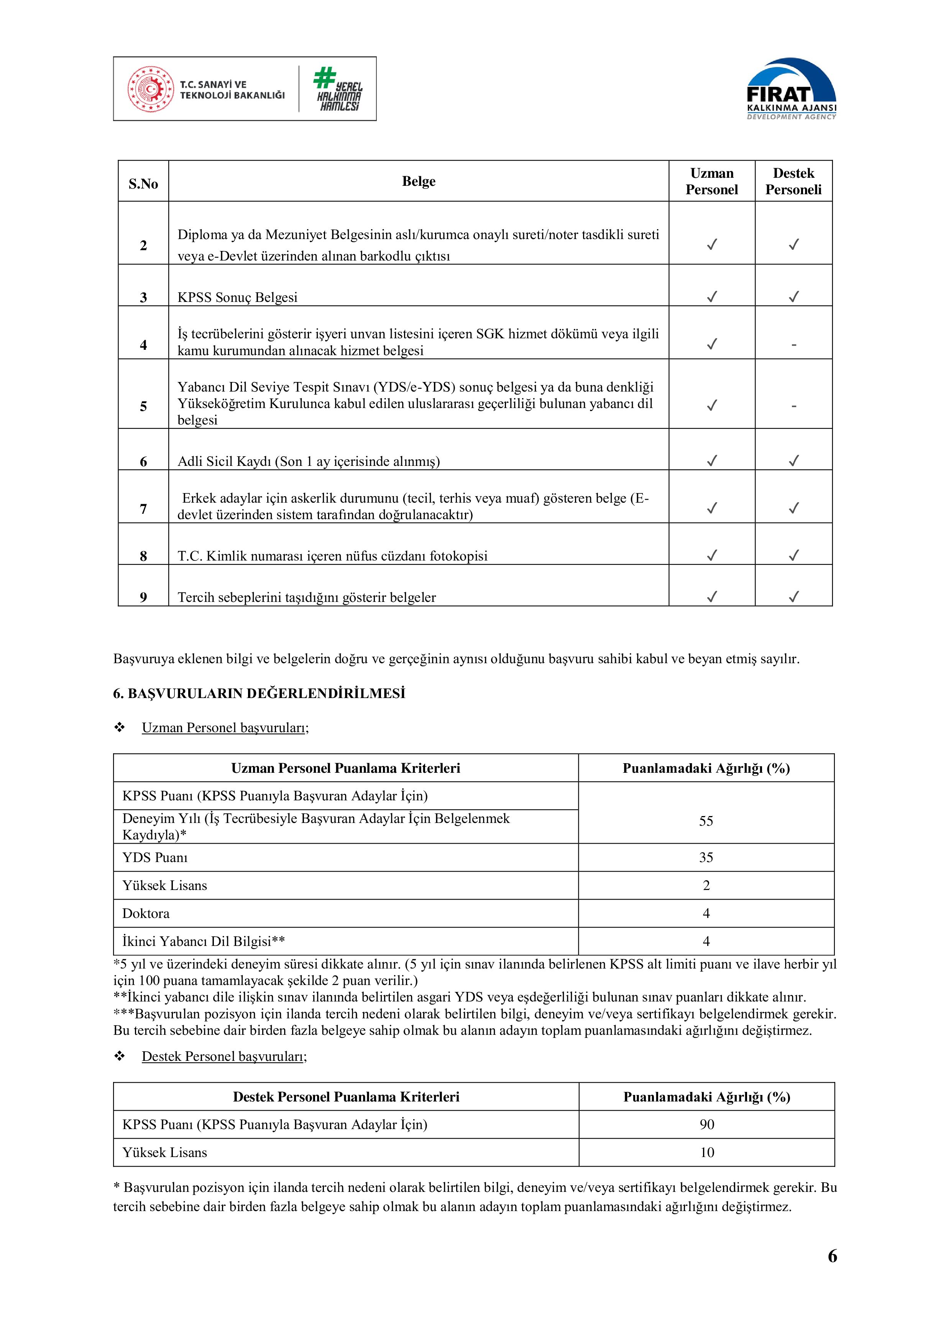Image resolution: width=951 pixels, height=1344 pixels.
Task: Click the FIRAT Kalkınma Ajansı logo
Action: click(791, 89)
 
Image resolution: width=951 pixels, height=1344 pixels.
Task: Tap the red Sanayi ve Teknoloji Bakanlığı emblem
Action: click(151, 89)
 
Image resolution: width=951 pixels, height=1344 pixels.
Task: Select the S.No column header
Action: click(143, 184)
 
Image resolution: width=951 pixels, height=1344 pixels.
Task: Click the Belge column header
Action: click(419, 182)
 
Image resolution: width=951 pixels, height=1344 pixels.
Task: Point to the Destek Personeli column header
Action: click(793, 182)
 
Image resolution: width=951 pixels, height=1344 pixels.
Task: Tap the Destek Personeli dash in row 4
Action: click(793, 345)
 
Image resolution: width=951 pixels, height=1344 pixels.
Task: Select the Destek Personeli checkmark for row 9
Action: click(793, 597)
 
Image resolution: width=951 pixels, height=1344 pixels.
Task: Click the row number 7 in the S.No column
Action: click(143, 509)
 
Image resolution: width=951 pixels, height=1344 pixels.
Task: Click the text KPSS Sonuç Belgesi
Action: click(238, 297)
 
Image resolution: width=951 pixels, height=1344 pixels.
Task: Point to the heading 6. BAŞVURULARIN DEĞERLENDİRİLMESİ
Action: click(260, 694)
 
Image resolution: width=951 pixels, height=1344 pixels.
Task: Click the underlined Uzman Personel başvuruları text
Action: click(225, 728)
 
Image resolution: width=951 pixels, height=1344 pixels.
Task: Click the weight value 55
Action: click(706, 821)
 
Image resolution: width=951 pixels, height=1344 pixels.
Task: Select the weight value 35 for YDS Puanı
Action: click(706, 857)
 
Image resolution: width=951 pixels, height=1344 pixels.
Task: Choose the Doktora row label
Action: click(146, 913)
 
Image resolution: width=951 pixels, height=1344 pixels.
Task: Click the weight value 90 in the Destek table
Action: click(707, 1124)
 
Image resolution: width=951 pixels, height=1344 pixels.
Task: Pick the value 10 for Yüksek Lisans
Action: click(707, 1152)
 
